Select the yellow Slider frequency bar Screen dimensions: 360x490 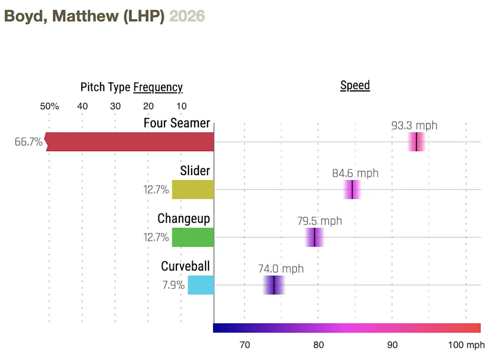(x=193, y=189)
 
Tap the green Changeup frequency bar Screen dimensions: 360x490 (x=193, y=237)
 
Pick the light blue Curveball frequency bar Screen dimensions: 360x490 (x=201, y=285)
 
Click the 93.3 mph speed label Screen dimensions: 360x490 (x=414, y=126)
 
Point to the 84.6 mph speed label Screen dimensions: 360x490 (x=355, y=173)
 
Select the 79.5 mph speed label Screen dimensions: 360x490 (x=319, y=221)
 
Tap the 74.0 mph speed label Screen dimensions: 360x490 (x=281, y=269)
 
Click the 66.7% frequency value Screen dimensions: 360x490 (x=29, y=142)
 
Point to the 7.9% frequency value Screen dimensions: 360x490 (x=173, y=285)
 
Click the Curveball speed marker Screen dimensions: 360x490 (x=274, y=285)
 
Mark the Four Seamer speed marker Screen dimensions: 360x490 (x=416, y=141)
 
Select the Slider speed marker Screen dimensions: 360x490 (x=352, y=189)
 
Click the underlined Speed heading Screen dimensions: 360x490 (x=355, y=85)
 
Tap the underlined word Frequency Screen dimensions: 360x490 (x=158, y=87)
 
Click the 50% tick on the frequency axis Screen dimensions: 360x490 (x=50, y=106)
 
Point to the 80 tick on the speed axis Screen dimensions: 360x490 (x=318, y=345)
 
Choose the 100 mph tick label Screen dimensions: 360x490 (x=466, y=345)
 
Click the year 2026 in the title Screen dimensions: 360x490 (x=187, y=16)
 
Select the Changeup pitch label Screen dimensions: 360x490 (x=183, y=219)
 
